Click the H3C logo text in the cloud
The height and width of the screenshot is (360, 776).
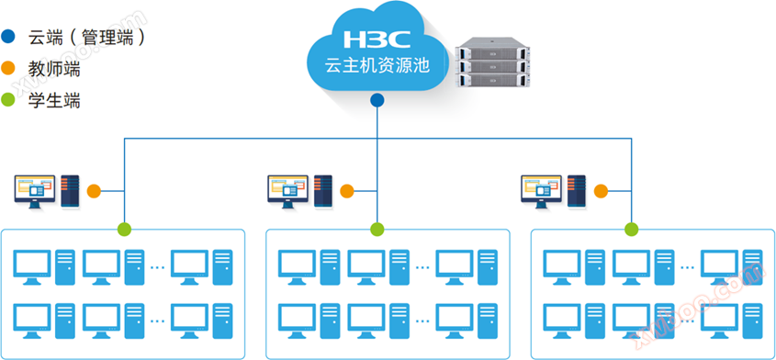point(377,39)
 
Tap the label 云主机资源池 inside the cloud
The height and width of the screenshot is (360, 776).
point(377,66)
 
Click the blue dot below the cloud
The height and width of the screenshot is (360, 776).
point(377,100)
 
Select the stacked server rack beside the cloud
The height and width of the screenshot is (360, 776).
point(493,62)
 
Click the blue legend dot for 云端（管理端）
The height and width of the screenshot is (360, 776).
point(8,36)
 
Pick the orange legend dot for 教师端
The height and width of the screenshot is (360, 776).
point(8,68)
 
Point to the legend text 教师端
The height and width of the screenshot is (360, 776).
point(54,68)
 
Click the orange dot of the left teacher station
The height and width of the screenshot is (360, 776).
point(94,191)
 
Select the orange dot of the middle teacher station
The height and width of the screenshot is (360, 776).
point(347,191)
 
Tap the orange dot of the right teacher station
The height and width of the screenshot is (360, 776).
point(601,191)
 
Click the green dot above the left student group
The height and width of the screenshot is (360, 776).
point(124,230)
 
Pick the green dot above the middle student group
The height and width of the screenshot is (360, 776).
point(377,230)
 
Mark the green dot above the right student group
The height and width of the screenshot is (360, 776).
point(632,230)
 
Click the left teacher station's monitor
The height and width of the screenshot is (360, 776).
point(35,191)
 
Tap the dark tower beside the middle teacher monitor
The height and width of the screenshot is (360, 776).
point(323,191)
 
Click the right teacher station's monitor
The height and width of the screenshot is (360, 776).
point(542,191)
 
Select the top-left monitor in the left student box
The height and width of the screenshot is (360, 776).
point(32,267)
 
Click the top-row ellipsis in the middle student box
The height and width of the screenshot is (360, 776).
point(422,267)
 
